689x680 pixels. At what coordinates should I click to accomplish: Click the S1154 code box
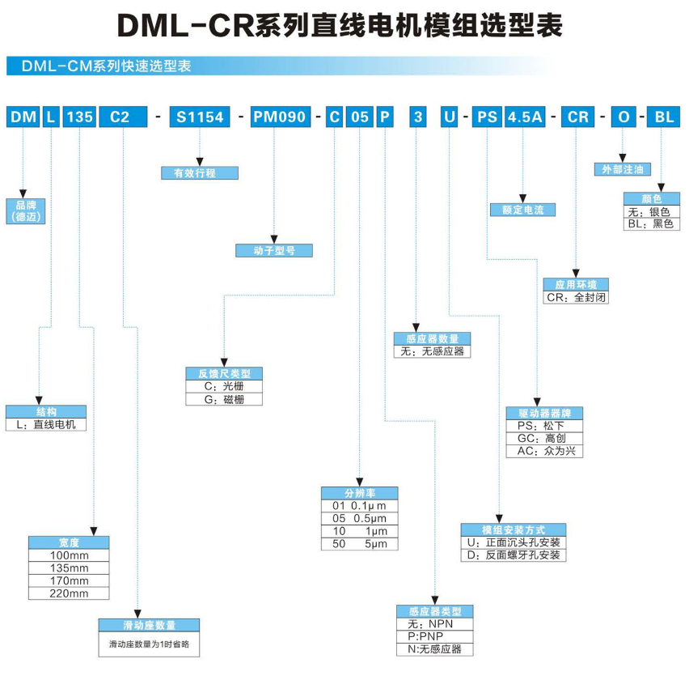[200, 117]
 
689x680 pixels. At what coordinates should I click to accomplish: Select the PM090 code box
[279, 117]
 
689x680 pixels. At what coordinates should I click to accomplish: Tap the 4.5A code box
[523, 117]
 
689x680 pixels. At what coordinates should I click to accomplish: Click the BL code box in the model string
[663, 117]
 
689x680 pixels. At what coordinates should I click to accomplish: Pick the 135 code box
[79, 117]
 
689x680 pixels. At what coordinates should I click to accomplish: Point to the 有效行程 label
[200, 172]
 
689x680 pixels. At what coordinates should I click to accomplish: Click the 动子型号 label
[273, 250]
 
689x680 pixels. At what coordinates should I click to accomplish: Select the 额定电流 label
[523, 210]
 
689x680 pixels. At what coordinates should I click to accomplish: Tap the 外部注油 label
[622, 169]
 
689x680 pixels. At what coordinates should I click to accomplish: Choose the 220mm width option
[69, 593]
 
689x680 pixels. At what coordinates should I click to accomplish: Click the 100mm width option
[69, 556]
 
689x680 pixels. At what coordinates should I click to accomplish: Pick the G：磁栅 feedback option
[224, 399]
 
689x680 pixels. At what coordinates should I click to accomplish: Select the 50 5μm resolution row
[359, 544]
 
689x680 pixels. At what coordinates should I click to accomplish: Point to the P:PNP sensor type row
[434, 636]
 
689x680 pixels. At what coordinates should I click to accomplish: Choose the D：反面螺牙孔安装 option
[513, 555]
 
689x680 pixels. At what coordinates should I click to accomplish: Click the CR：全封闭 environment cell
[576, 297]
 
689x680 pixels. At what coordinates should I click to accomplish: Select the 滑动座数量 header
[149, 626]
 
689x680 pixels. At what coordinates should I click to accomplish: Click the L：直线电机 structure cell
[45, 424]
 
